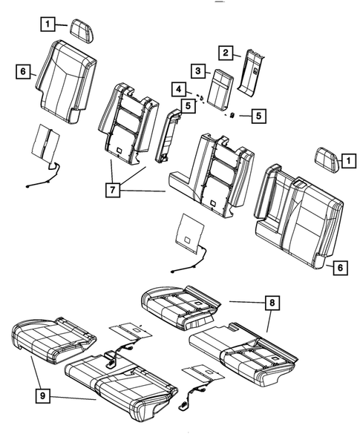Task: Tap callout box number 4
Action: [x=179, y=89]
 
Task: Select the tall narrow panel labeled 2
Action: [x=250, y=71]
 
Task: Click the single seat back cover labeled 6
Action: [x=65, y=82]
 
